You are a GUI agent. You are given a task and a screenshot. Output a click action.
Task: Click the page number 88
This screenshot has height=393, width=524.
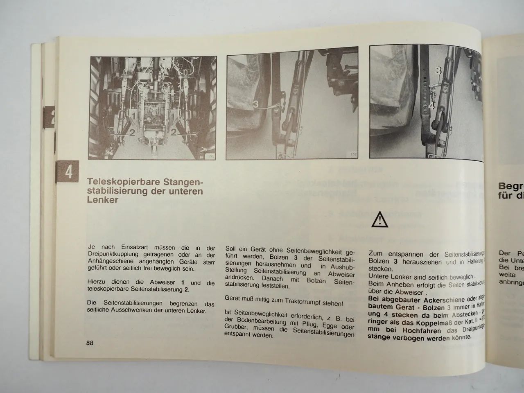click(x=90, y=343)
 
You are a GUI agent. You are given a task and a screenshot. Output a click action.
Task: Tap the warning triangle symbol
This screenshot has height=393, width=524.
click(x=379, y=220)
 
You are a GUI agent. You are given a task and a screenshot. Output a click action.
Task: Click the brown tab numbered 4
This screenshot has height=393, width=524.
click(x=69, y=172)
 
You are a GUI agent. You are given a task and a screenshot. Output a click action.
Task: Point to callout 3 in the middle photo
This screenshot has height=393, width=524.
click(x=255, y=105)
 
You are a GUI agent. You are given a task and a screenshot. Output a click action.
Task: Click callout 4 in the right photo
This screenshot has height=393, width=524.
click(x=432, y=106)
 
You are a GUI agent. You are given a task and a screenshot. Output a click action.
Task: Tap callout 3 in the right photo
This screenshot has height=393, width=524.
click(x=438, y=71)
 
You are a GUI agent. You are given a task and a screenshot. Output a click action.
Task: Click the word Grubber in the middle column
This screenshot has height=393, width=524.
click(x=237, y=327)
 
